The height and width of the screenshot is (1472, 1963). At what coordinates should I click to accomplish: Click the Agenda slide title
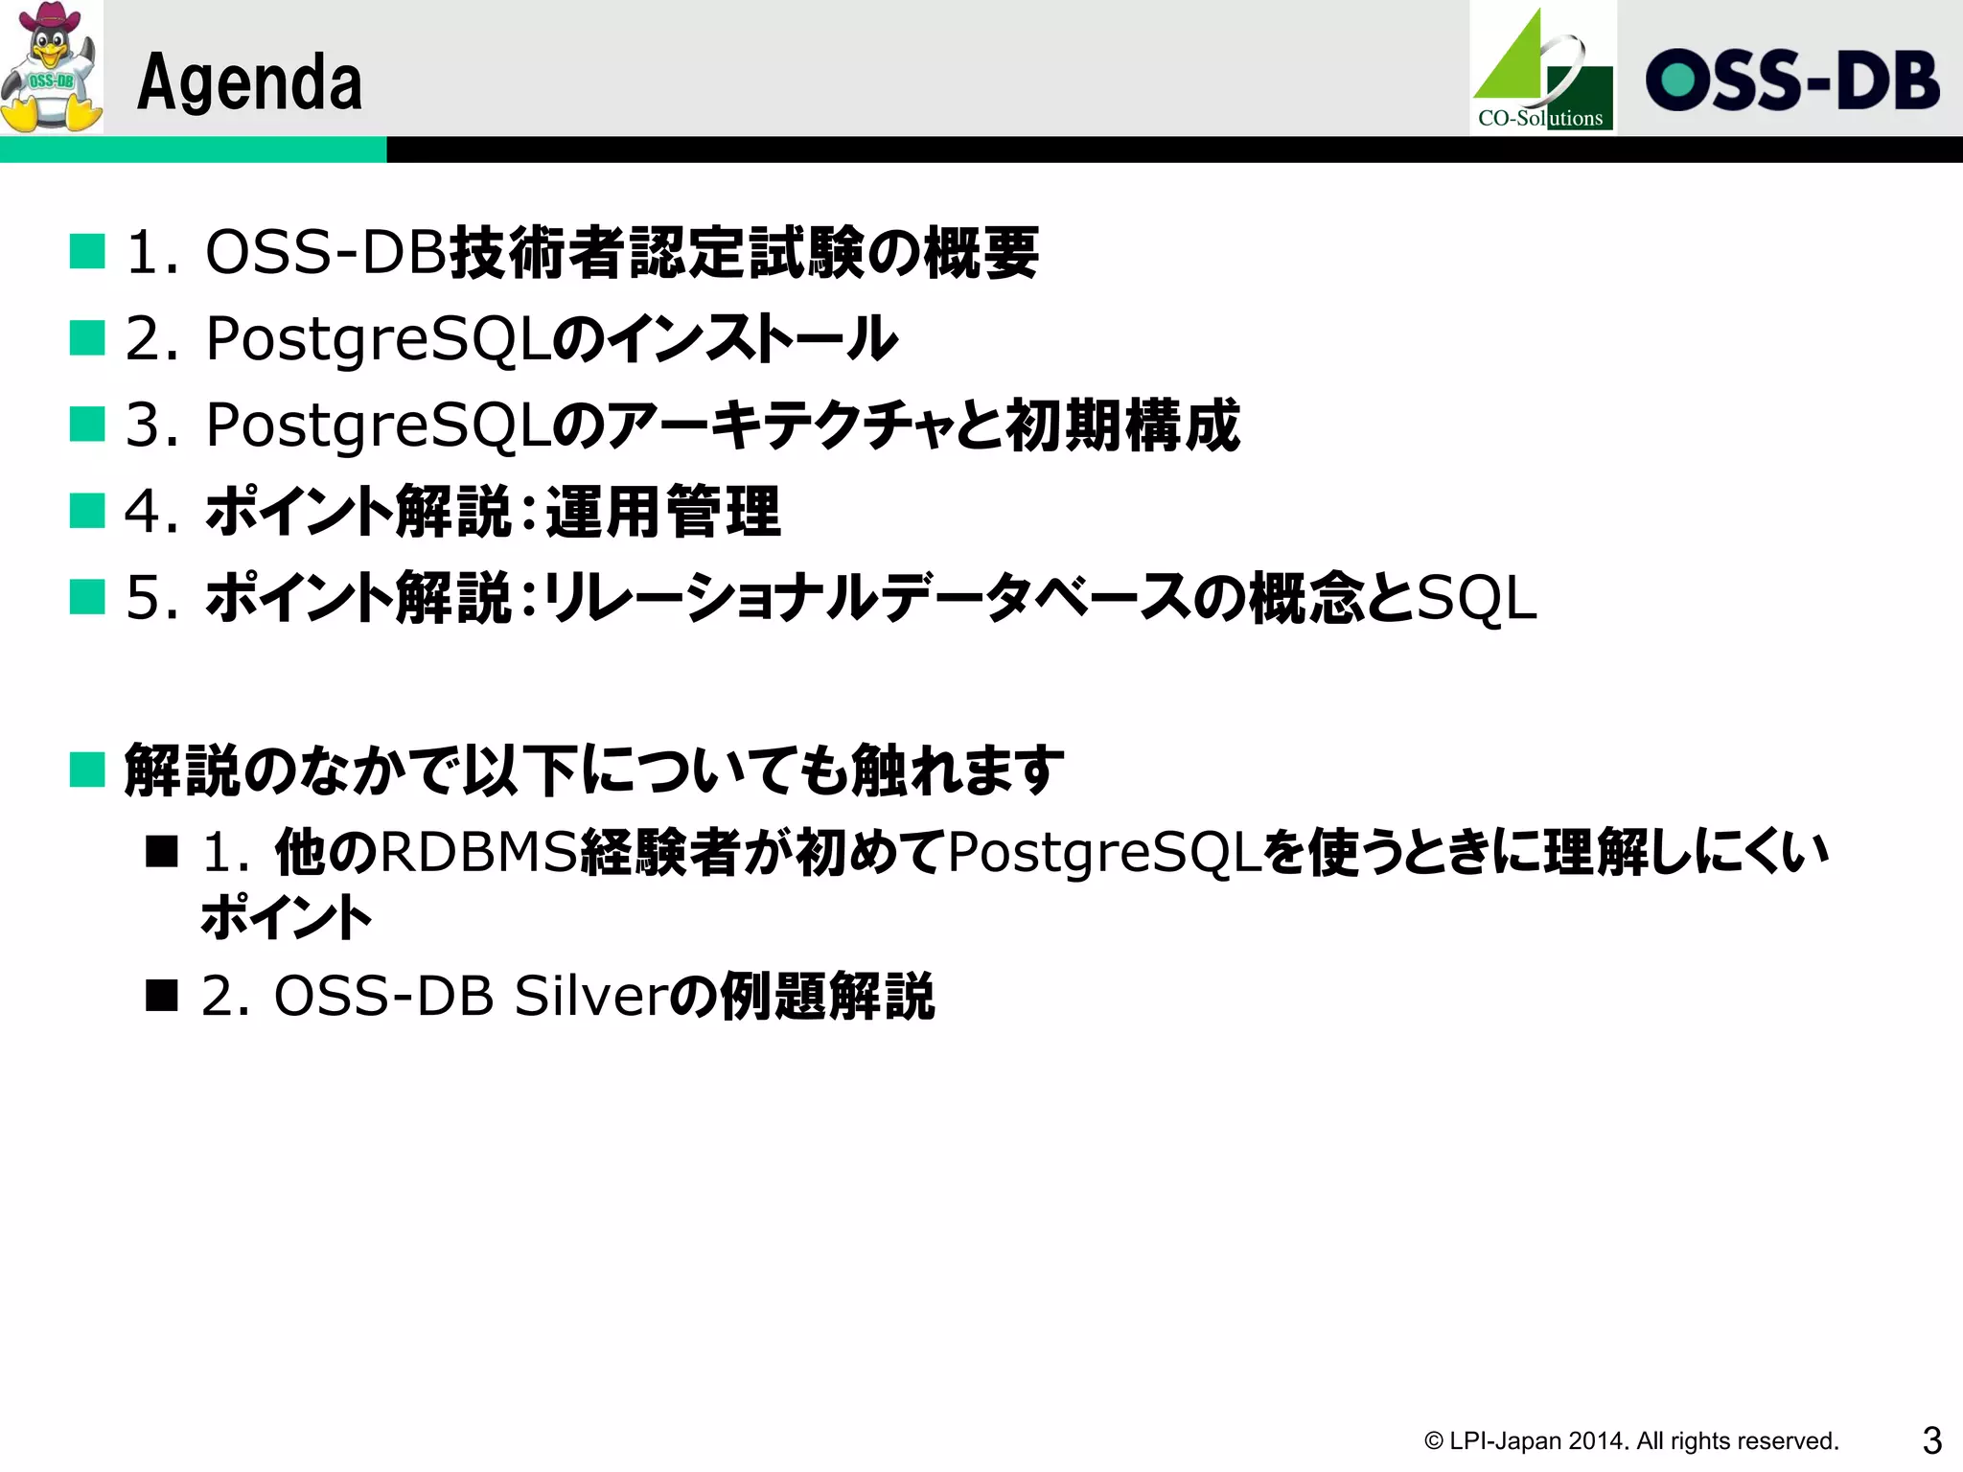(249, 82)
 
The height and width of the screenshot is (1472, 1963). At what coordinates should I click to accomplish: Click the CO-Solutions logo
(1542, 69)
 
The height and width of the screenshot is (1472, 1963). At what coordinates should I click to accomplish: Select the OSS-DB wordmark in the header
(1791, 80)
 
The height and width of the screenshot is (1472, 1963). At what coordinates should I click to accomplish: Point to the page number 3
(1931, 1439)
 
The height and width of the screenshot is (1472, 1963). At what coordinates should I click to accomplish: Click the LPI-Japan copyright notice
(1630, 1440)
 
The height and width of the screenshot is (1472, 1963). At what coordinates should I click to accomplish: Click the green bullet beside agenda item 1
(87, 252)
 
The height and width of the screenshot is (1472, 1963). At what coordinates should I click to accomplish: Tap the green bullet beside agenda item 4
(87, 511)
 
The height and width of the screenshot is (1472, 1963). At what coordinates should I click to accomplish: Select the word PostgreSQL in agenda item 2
(378, 339)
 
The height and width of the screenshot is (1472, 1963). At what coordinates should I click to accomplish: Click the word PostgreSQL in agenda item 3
(378, 425)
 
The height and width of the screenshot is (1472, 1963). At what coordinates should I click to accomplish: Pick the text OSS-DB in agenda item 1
(326, 253)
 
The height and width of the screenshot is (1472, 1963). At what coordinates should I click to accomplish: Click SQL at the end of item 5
(1477, 598)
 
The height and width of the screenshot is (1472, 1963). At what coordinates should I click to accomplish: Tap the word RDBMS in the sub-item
(480, 851)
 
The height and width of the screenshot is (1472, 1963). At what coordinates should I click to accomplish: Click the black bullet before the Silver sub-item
(162, 996)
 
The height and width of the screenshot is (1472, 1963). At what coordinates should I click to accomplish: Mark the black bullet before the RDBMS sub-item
(162, 851)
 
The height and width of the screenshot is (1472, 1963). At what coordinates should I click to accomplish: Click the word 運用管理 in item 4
(663, 512)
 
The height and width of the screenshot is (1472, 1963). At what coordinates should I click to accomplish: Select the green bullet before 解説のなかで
(87, 770)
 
